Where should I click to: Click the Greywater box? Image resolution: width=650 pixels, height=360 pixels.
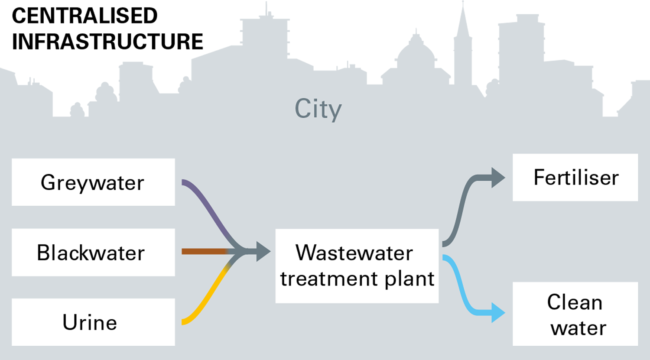93,182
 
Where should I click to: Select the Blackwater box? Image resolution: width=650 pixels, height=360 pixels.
93,252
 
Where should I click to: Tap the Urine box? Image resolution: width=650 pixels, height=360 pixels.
93,322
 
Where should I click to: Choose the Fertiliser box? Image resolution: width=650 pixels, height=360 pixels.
575,177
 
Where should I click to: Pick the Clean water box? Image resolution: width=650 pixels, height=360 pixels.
575,314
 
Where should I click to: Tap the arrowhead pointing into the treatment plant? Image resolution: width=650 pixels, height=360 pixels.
263,251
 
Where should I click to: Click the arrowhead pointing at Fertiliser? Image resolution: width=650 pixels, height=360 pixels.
498,178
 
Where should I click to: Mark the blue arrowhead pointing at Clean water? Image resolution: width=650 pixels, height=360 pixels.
498,312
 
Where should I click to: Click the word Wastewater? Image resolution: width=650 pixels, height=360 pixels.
354,253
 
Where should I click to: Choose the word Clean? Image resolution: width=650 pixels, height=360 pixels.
575,302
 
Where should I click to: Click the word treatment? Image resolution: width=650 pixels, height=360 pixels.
330,279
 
